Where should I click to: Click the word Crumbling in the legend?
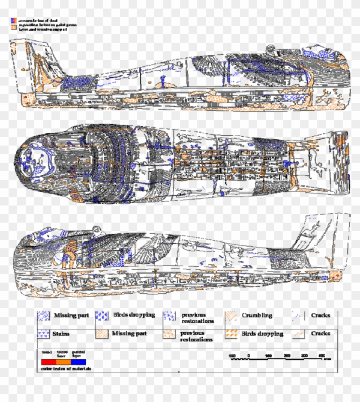[257, 316]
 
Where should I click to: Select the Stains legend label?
[61, 333]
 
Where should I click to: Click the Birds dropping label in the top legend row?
[134, 315]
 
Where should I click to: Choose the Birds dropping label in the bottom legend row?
[262, 334]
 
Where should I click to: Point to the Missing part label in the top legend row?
[71, 316]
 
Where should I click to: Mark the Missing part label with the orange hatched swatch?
[129, 333]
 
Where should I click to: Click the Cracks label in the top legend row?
[321, 316]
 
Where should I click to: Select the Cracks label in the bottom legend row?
[321, 333]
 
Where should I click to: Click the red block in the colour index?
[48, 362]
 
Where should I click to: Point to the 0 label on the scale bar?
[249, 356]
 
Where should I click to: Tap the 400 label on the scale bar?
[321, 356]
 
